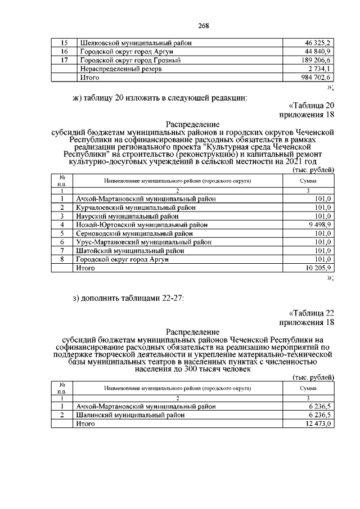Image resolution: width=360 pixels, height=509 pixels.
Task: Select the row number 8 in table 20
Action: pyautogui.click(x=62, y=260)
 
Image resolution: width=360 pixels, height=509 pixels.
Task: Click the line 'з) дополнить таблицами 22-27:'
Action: pyautogui.click(x=128, y=298)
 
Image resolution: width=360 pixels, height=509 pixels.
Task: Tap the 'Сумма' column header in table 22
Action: pyautogui.click(x=308, y=389)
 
